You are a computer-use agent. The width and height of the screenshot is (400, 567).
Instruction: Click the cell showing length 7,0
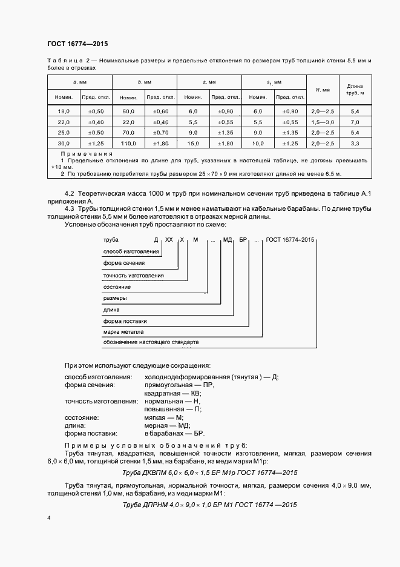[x=355, y=122]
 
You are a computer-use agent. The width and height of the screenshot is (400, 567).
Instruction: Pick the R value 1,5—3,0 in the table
[x=323, y=122]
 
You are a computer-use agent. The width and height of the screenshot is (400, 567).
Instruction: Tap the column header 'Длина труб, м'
[x=355, y=90]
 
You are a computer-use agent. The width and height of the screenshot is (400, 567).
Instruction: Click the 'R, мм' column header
[x=323, y=90]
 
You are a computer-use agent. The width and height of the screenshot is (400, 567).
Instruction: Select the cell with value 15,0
[x=193, y=143]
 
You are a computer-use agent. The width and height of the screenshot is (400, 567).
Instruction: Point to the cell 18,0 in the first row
[x=64, y=111]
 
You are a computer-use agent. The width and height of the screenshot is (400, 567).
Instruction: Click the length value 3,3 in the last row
[x=355, y=143]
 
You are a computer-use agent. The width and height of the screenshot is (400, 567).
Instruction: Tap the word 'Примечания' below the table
[x=82, y=154]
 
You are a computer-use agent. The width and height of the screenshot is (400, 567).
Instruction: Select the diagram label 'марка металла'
[x=123, y=332]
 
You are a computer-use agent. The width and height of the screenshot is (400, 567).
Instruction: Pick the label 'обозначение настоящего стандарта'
[x=151, y=342]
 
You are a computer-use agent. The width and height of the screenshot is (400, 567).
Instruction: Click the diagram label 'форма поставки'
[x=125, y=321]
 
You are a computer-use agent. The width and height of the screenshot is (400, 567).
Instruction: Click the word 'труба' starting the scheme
[x=111, y=240]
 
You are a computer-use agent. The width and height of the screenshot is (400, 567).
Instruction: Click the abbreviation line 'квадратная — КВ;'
[x=172, y=393]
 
